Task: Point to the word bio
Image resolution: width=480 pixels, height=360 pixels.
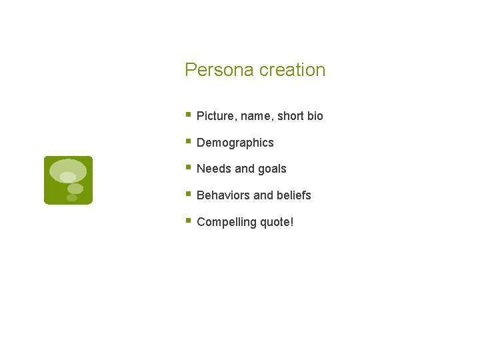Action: point(315,116)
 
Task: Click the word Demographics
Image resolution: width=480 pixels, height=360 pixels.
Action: point(235,143)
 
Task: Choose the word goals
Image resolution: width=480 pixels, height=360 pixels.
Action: point(272,169)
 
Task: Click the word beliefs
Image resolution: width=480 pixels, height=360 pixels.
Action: point(294,195)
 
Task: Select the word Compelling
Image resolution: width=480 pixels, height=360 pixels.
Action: point(224,223)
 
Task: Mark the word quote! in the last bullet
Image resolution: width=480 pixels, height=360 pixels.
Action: point(275,223)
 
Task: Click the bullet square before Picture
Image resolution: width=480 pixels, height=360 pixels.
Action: point(189,115)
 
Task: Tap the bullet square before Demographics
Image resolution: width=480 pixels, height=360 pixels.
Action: point(189,141)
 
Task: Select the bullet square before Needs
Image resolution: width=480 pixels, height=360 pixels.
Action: point(189,167)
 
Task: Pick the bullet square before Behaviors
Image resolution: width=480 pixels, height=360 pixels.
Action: point(189,194)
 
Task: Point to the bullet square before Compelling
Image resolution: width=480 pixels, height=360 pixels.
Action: point(189,221)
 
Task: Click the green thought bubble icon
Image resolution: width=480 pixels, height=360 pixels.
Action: point(68,180)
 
